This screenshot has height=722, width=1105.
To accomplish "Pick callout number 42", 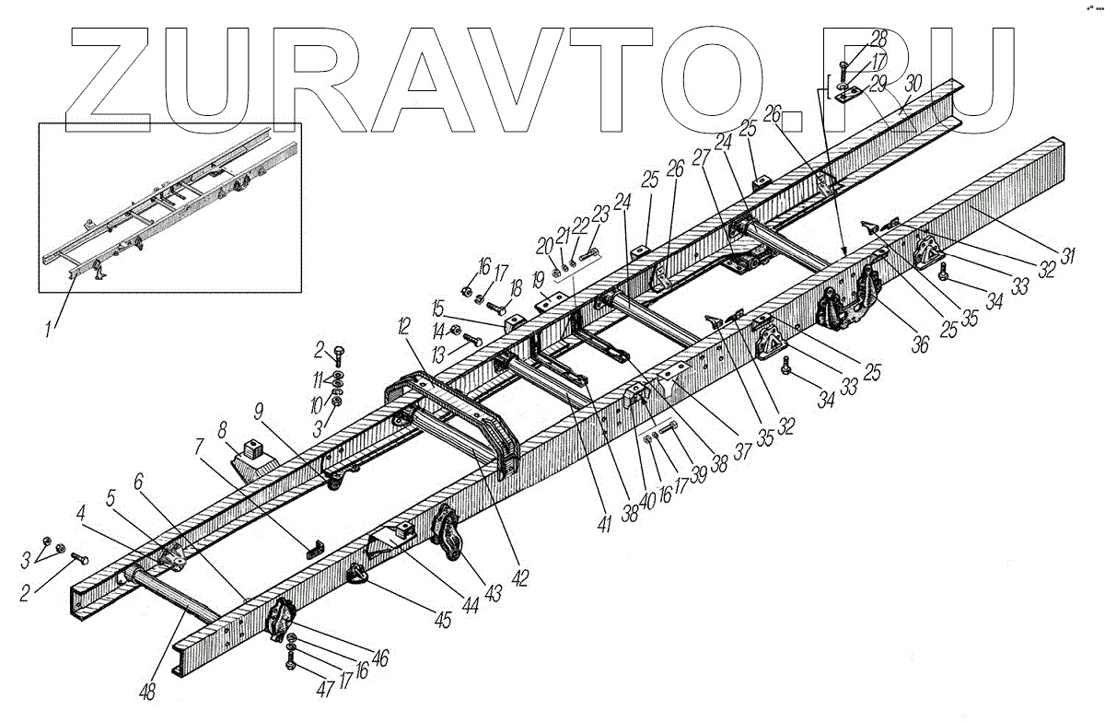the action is [520, 577].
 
